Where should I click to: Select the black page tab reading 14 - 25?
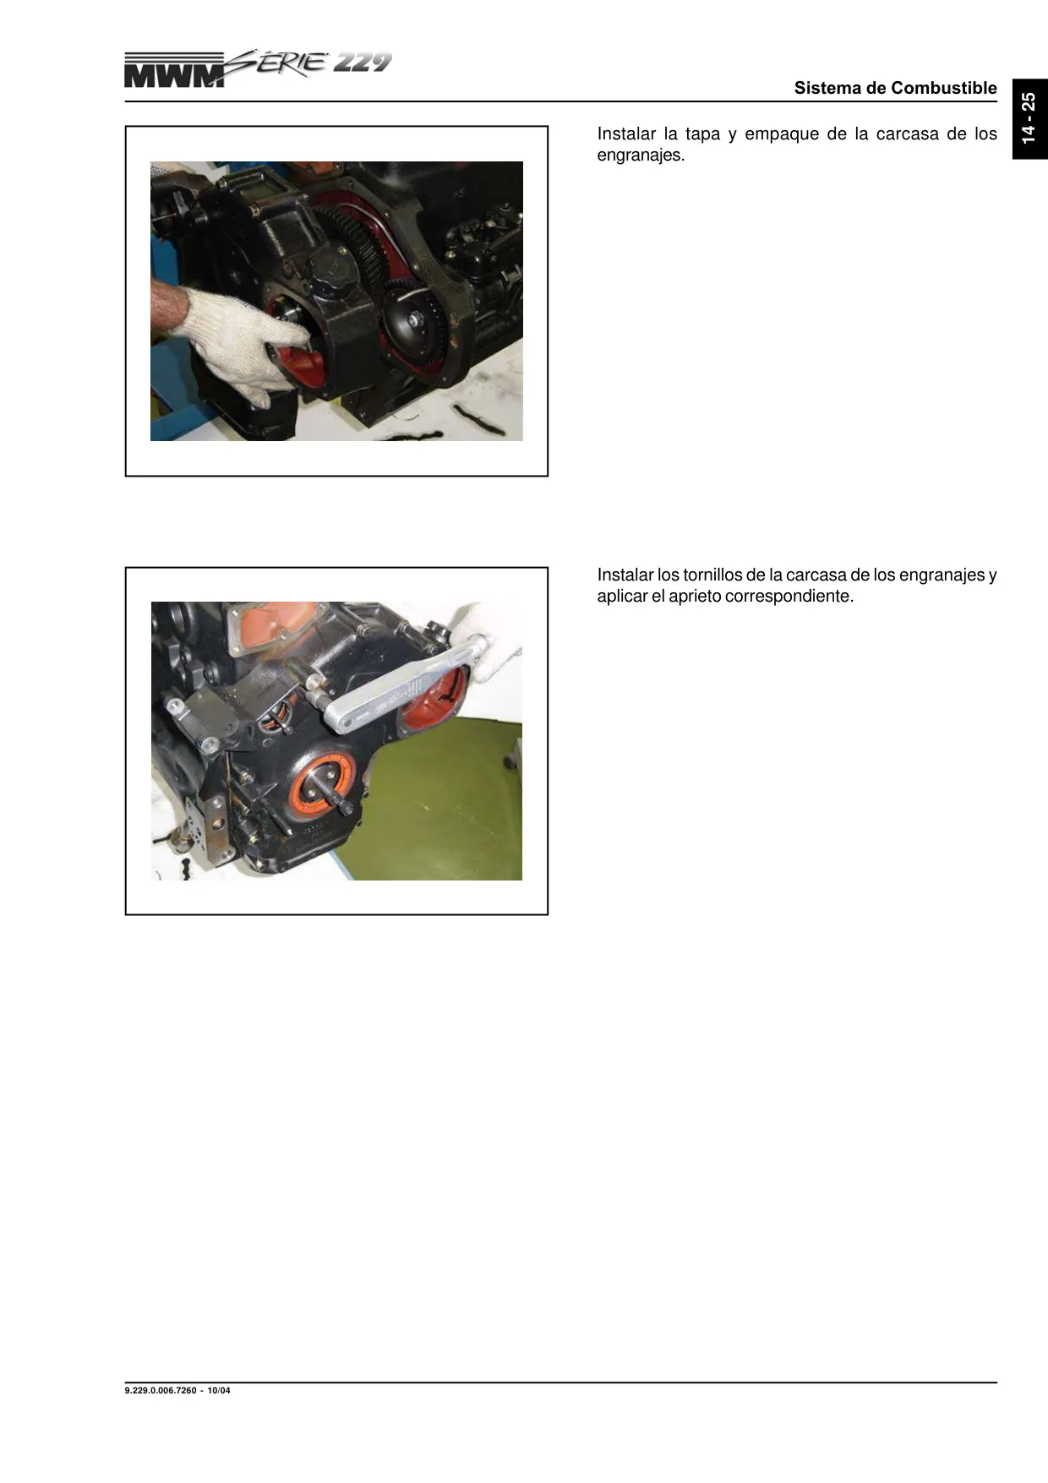coord(1029,118)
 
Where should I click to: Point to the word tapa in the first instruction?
coord(703,134)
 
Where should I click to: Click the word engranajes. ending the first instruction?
coord(641,156)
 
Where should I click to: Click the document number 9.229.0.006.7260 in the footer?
coord(162,1390)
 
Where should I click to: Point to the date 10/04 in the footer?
coord(219,1390)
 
